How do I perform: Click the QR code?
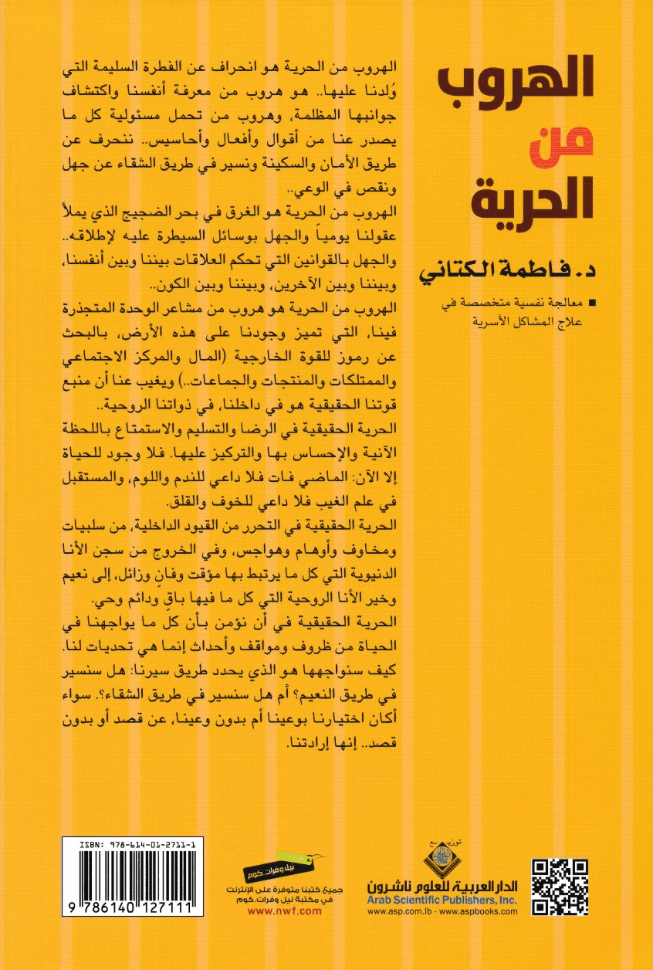[x=560, y=886]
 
